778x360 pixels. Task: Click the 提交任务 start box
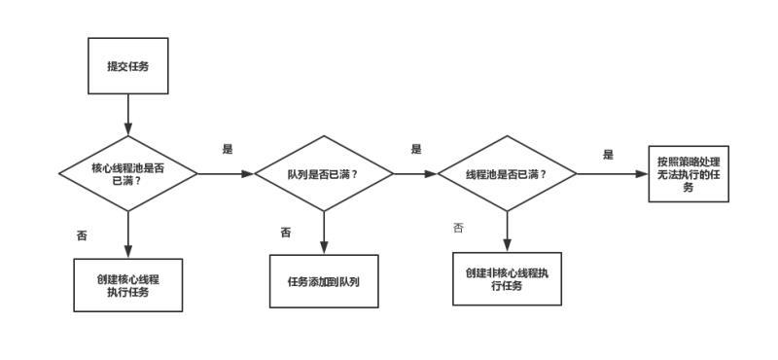[128, 66]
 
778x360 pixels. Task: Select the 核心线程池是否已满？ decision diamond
[128, 174]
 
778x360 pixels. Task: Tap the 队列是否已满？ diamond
[324, 174]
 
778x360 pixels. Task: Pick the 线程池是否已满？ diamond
[507, 174]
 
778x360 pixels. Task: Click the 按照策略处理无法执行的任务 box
[689, 174]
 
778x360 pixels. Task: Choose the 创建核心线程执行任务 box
[128, 285]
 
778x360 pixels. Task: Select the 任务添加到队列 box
[324, 281]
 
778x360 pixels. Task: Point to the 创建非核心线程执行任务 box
[507, 279]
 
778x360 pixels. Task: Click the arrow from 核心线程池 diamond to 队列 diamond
[226, 174]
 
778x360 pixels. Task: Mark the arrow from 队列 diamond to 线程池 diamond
[415, 174]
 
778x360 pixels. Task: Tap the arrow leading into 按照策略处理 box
[613, 174]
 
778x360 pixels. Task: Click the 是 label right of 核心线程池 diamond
[229, 149]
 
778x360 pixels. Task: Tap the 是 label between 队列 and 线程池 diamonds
[416, 149]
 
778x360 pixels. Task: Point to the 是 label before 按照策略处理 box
[609, 155]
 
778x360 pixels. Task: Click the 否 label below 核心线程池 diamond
[82, 235]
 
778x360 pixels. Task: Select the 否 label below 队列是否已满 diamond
[286, 233]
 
